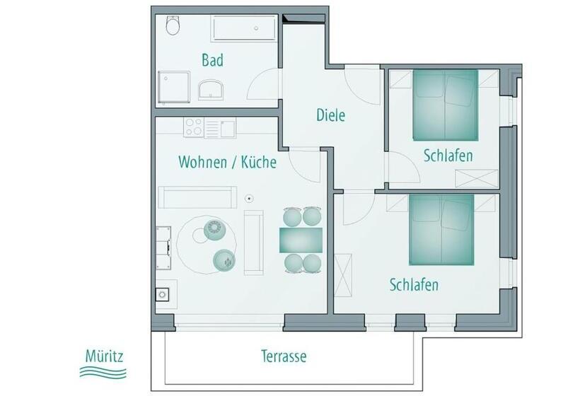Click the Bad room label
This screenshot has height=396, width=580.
click(x=212, y=60)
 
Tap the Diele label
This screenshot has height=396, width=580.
click(x=330, y=115)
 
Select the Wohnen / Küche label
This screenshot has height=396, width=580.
click(x=227, y=162)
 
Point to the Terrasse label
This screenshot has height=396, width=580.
click(x=283, y=356)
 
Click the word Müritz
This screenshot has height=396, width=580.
click(x=103, y=354)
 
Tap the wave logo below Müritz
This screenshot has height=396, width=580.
click(x=103, y=371)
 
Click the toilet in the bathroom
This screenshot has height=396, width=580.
click(x=173, y=27)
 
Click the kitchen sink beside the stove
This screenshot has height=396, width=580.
click(x=227, y=128)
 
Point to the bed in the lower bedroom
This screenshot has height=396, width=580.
click(x=441, y=228)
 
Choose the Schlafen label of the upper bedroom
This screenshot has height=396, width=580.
click(x=448, y=156)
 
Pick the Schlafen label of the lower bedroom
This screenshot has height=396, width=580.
click(x=414, y=285)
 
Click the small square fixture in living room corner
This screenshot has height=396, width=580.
click(x=163, y=293)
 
